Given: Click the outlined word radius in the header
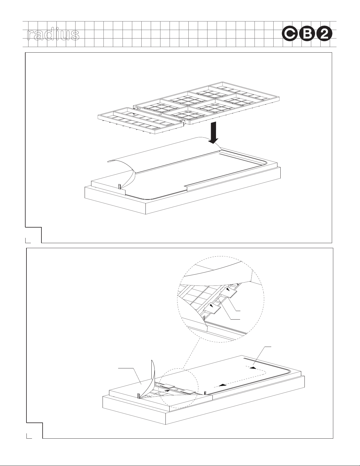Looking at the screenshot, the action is point(53,35).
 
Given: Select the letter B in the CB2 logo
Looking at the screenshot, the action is point(307,35).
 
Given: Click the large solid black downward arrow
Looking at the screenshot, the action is point(213,133).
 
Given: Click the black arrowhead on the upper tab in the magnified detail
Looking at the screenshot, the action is point(228,290).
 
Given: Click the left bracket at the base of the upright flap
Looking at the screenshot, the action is point(139,396).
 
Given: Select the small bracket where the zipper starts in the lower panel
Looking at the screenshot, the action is point(205,393).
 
